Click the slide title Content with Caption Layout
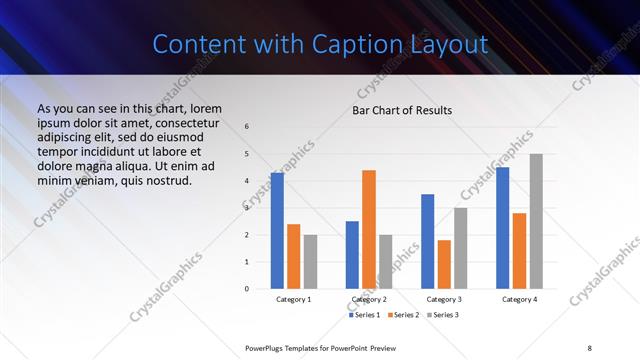point(320,44)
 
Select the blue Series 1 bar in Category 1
point(277,231)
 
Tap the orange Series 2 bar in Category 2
point(369,229)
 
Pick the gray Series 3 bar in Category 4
point(536,221)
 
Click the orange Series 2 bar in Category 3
point(444,264)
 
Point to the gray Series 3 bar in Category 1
point(310,262)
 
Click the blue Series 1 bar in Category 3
point(427,241)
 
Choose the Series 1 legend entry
point(364,315)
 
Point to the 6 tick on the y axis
point(247,127)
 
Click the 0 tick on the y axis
point(247,289)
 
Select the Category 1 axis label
point(294,299)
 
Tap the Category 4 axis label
point(519,299)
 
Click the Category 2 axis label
point(369,299)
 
